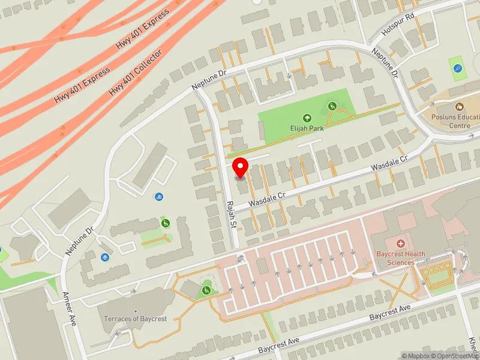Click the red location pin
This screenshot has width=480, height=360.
point(241,167)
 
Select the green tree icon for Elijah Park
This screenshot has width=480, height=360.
point(307,118)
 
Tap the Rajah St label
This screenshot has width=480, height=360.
point(230,214)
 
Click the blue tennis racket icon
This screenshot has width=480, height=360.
point(458,68)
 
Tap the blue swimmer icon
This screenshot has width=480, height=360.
point(158,196)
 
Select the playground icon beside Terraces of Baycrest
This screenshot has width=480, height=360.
point(206,290)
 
